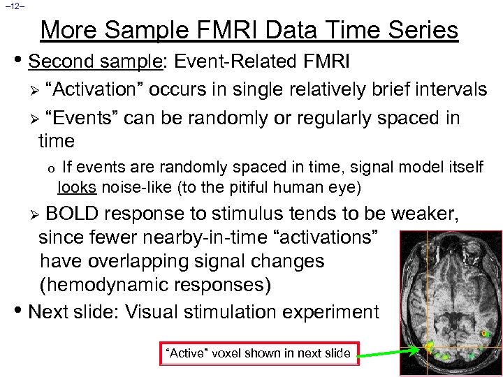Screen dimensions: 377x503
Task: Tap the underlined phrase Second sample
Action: (x=94, y=62)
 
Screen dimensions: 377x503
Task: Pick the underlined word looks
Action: (x=78, y=187)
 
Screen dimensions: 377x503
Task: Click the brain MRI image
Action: (x=451, y=300)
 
